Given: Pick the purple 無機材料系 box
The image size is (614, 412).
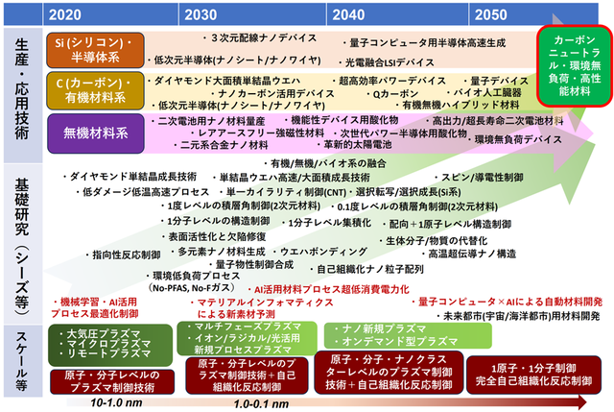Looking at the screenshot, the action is tap(93, 130).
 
